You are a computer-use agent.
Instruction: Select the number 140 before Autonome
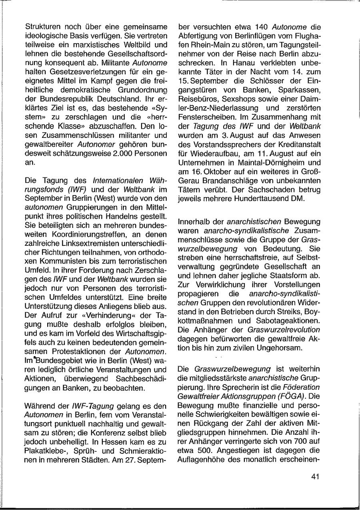click(x=262, y=27)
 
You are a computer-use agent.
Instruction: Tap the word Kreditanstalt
click(x=300, y=145)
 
